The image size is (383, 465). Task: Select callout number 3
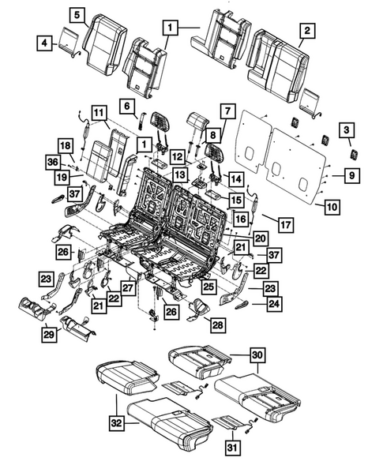[346, 130]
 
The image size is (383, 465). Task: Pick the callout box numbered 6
[126, 105]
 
